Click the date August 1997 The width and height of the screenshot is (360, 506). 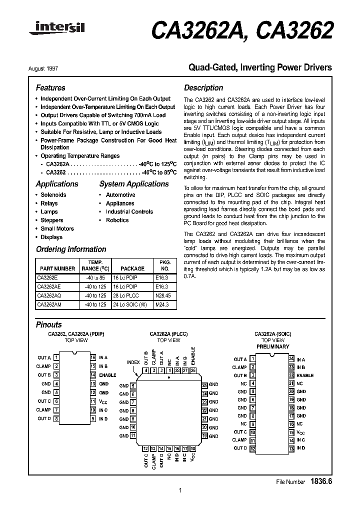pyautogui.click(x=50, y=67)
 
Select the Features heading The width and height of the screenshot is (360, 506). pyautogui.click(x=50, y=87)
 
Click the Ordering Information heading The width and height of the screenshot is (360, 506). pyautogui.click(x=71, y=249)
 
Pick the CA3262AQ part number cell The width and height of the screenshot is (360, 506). pyautogui.click(x=49, y=295)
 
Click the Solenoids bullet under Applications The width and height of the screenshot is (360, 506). pyautogui.click(x=53, y=194)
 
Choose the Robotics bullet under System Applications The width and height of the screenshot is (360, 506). pyautogui.click(x=117, y=220)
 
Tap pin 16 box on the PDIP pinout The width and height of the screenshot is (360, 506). pyautogui.click(x=92, y=357)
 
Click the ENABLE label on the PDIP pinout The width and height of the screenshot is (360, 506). pyautogui.click(x=107, y=375)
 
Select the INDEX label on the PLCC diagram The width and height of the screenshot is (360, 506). pyautogui.click(x=134, y=362)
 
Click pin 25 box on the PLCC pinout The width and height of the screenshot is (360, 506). pyautogui.click(x=204, y=385)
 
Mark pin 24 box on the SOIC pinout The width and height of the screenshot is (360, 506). pyautogui.click(x=291, y=359)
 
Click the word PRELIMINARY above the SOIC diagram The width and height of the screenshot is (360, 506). pyautogui.click(x=272, y=346)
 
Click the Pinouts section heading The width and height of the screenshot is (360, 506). pyautogui.click(x=49, y=324)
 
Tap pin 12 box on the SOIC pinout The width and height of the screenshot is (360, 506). pyautogui.click(x=252, y=448)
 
